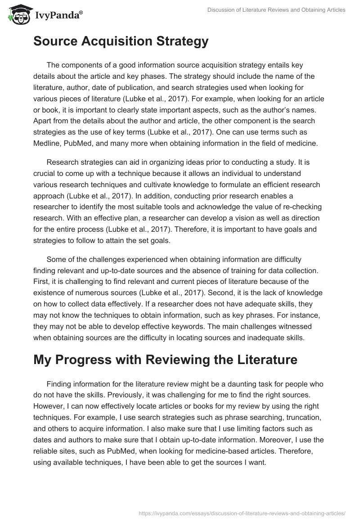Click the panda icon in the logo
(16, 14)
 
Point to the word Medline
(49, 144)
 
